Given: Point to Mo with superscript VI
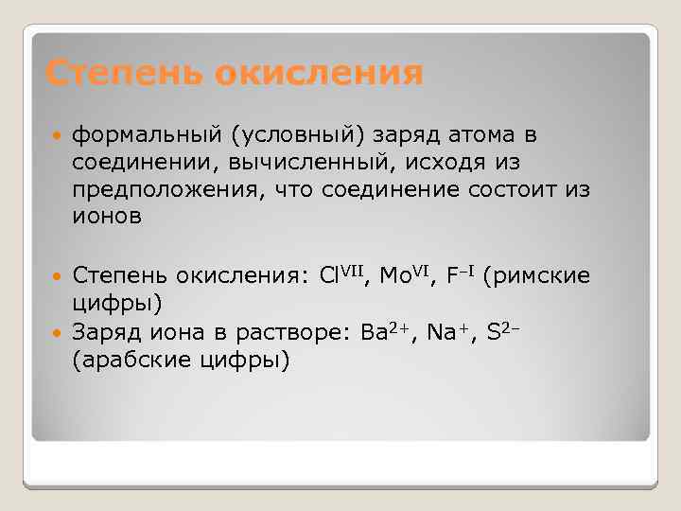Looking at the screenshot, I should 406,275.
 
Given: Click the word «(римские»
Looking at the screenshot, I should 535,276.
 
